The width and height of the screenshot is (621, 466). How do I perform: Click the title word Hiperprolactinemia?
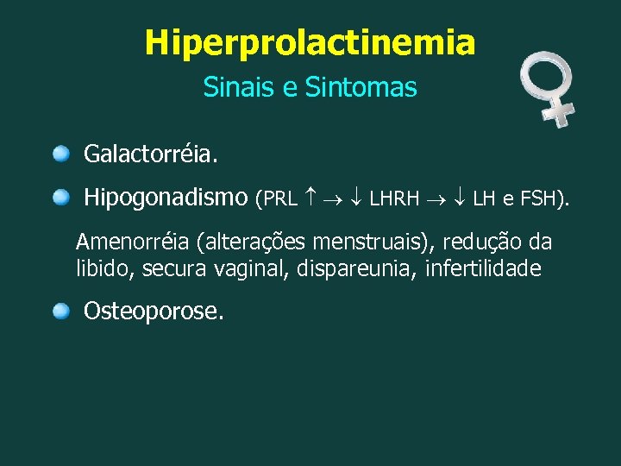tap(310, 42)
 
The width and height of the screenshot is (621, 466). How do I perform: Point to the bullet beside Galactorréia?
tap(61, 154)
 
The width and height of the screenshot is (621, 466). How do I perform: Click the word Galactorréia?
tap(151, 155)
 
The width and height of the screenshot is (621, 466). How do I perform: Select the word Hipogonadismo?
tap(166, 198)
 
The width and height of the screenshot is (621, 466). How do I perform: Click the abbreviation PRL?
tap(280, 200)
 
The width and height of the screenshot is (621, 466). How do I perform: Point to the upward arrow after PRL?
tap(310, 199)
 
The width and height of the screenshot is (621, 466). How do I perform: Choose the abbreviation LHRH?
tap(394, 200)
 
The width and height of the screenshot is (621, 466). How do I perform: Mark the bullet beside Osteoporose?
tap(61, 311)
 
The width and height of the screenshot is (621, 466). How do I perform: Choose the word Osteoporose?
tap(154, 312)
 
